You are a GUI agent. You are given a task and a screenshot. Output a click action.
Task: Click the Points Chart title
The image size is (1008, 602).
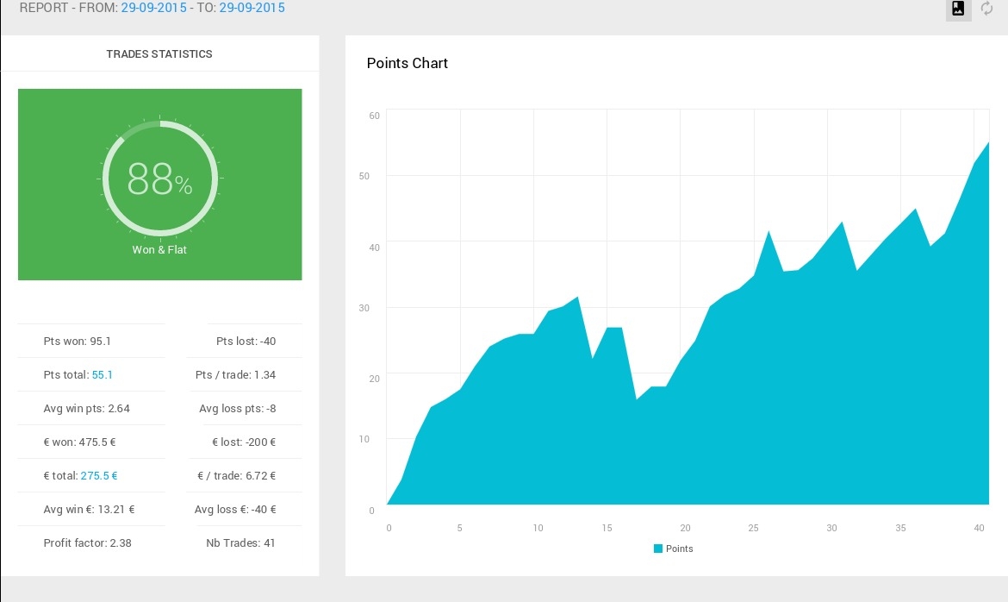[x=407, y=63]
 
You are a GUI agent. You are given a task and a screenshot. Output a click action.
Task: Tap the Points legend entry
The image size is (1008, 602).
[x=673, y=549]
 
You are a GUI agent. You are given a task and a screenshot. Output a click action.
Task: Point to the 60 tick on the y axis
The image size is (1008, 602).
[x=374, y=116]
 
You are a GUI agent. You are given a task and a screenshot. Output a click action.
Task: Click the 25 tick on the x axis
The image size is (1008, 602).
[x=754, y=528]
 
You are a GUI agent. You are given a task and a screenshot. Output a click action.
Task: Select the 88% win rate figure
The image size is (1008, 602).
[x=159, y=179]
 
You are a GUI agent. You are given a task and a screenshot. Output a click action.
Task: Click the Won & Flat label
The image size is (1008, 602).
[x=159, y=250]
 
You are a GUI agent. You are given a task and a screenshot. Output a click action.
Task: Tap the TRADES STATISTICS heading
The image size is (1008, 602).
[x=159, y=54]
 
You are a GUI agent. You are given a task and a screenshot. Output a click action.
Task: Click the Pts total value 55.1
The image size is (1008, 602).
[x=103, y=374]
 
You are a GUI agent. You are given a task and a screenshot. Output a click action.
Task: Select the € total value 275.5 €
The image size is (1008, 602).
[x=99, y=476]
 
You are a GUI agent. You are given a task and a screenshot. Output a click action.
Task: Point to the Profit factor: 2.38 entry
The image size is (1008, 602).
[x=87, y=542]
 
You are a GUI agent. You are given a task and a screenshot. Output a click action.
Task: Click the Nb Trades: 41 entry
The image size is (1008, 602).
[x=240, y=542]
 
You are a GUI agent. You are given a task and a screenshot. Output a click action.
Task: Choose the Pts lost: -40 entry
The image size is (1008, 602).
[x=246, y=342]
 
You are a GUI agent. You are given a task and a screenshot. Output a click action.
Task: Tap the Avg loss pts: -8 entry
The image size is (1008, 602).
[x=237, y=408]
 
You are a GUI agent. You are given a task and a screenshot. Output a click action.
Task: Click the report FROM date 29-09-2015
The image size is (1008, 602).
[x=153, y=8]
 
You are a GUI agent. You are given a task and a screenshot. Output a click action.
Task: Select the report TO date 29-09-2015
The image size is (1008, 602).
[x=252, y=8]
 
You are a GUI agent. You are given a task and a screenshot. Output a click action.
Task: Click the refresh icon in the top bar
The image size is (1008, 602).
[x=986, y=9]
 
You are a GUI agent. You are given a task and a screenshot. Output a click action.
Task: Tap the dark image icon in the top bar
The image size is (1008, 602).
[x=958, y=9]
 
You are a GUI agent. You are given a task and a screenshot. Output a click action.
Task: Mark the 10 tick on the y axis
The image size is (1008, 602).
[x=364, y=439]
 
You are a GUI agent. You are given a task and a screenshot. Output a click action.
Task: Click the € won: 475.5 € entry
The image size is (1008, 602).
[x=80, y=442]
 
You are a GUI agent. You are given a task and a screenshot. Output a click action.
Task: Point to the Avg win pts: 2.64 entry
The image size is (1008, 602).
[x=87, y=408]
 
